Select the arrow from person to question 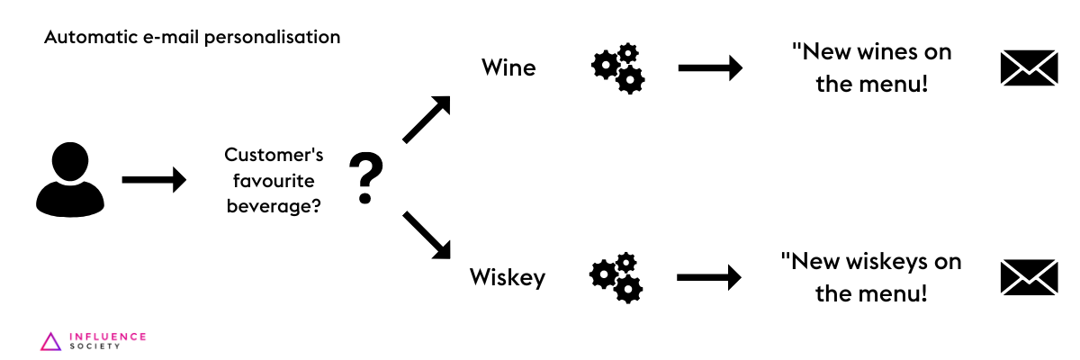point(153,180)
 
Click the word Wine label point(508,67)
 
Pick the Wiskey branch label point(507,277)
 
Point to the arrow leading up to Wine point(427,119)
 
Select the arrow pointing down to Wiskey point(427,236)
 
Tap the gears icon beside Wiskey point(616,277)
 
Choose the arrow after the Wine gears point(709,67)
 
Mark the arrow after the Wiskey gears point(708,277)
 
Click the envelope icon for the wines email point(1029,67)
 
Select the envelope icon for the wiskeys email point(1029,277)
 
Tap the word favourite point(273,180)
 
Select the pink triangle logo point(51,341)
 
